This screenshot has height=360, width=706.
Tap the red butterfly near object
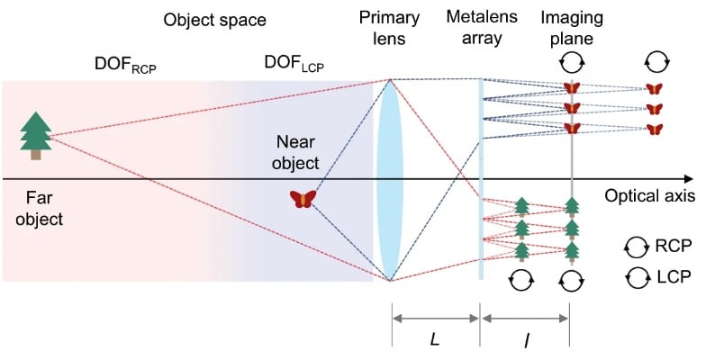303,199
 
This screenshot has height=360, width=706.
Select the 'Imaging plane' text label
570,30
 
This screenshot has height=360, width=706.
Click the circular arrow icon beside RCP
636,246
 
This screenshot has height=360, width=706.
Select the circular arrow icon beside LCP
636,276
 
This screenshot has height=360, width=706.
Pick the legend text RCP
671,246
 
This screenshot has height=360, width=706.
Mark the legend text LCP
671,276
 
